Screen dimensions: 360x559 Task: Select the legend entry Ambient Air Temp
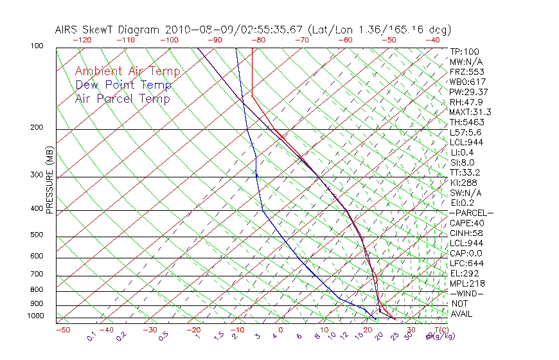coord(127,71)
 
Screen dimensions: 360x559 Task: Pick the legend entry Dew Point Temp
coord(123,85)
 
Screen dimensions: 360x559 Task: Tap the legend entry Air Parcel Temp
coord(122,98)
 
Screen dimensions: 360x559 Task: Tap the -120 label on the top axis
coord(82,40)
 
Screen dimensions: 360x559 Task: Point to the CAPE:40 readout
coord(466,223)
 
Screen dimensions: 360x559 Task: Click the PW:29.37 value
coord(468,92)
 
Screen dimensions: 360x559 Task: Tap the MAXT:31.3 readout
coord(470,112)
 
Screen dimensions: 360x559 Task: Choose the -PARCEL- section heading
coord(471,213)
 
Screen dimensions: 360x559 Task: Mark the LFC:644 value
coord(466,264)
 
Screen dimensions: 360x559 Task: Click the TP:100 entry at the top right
coord(464,51)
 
